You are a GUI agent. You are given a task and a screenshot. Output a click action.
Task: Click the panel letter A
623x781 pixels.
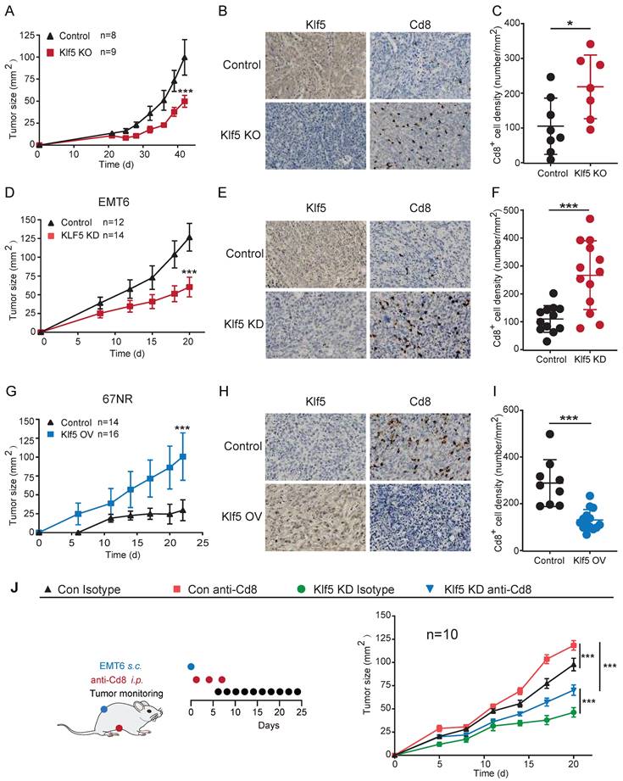point(10,10)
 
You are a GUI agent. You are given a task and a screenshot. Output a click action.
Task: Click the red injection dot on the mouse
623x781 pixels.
point(120,728)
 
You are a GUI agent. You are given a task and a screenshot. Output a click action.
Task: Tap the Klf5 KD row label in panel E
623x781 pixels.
point(239,310)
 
